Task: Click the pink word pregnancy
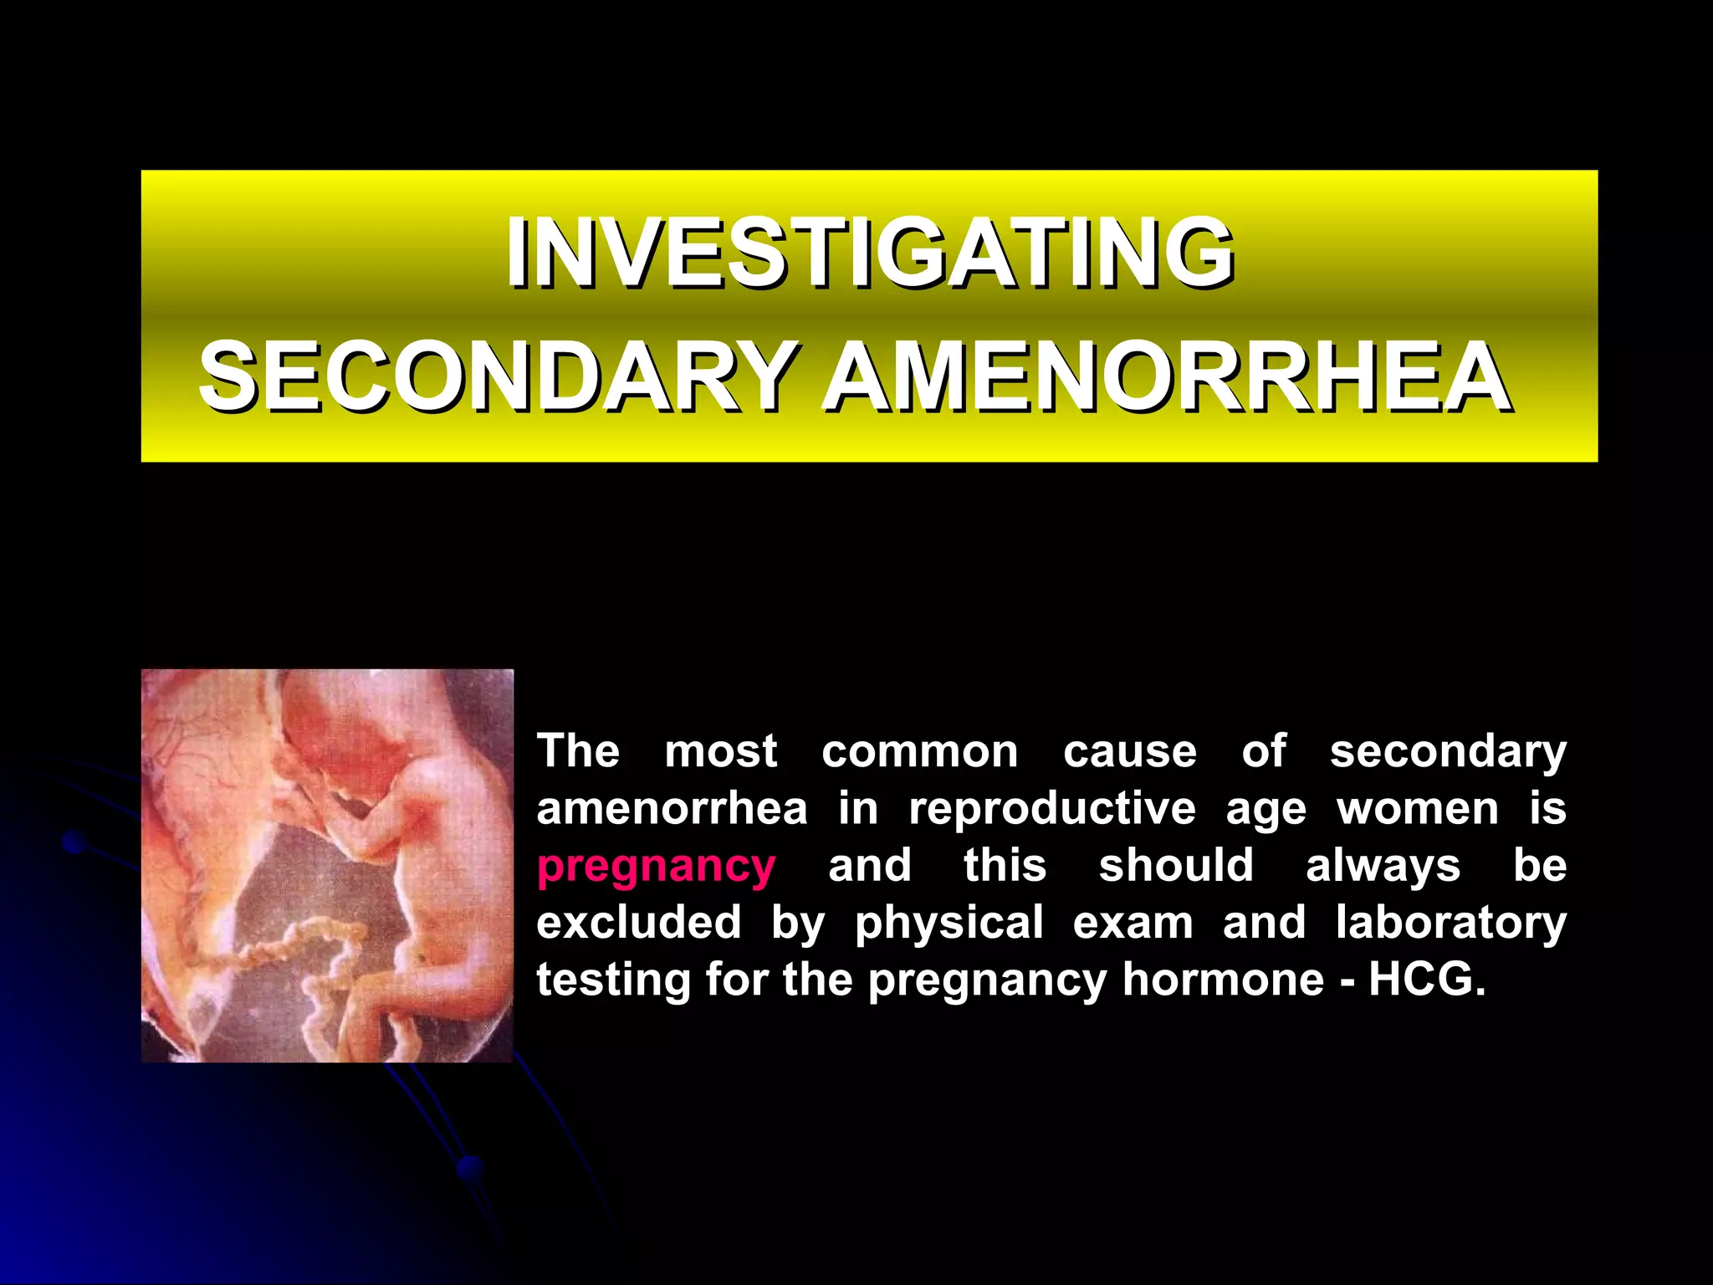tap(656, 866)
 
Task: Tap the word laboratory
tap(1450, 922)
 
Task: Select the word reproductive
tap(1052, 809)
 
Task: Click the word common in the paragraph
tap(919, 751)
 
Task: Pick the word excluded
tap(639, 922)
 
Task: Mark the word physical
tap(949, 924)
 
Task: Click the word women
tap(1418, 809)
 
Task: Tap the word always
tap(1383, 866)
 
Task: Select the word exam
tap(1133, 922)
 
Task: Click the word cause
tap(1129, 751)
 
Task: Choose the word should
tap(1176, 865)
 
